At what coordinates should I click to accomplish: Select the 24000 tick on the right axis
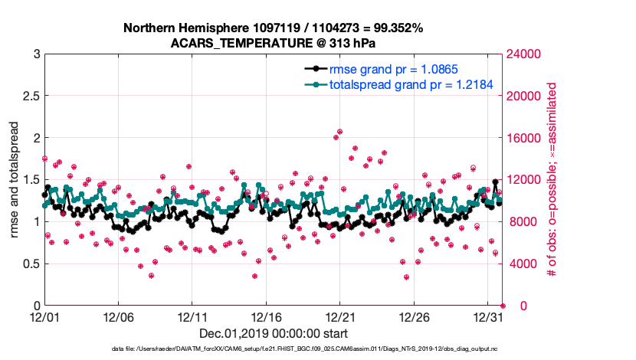(526, 54)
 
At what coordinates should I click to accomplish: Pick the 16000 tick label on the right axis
(526, 138)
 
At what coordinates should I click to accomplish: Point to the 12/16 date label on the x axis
(266, 317)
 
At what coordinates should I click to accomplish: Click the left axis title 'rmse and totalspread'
(15, 179)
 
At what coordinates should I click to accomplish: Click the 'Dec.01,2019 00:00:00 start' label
(273, 334)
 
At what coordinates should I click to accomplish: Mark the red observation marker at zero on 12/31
(503, 306)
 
